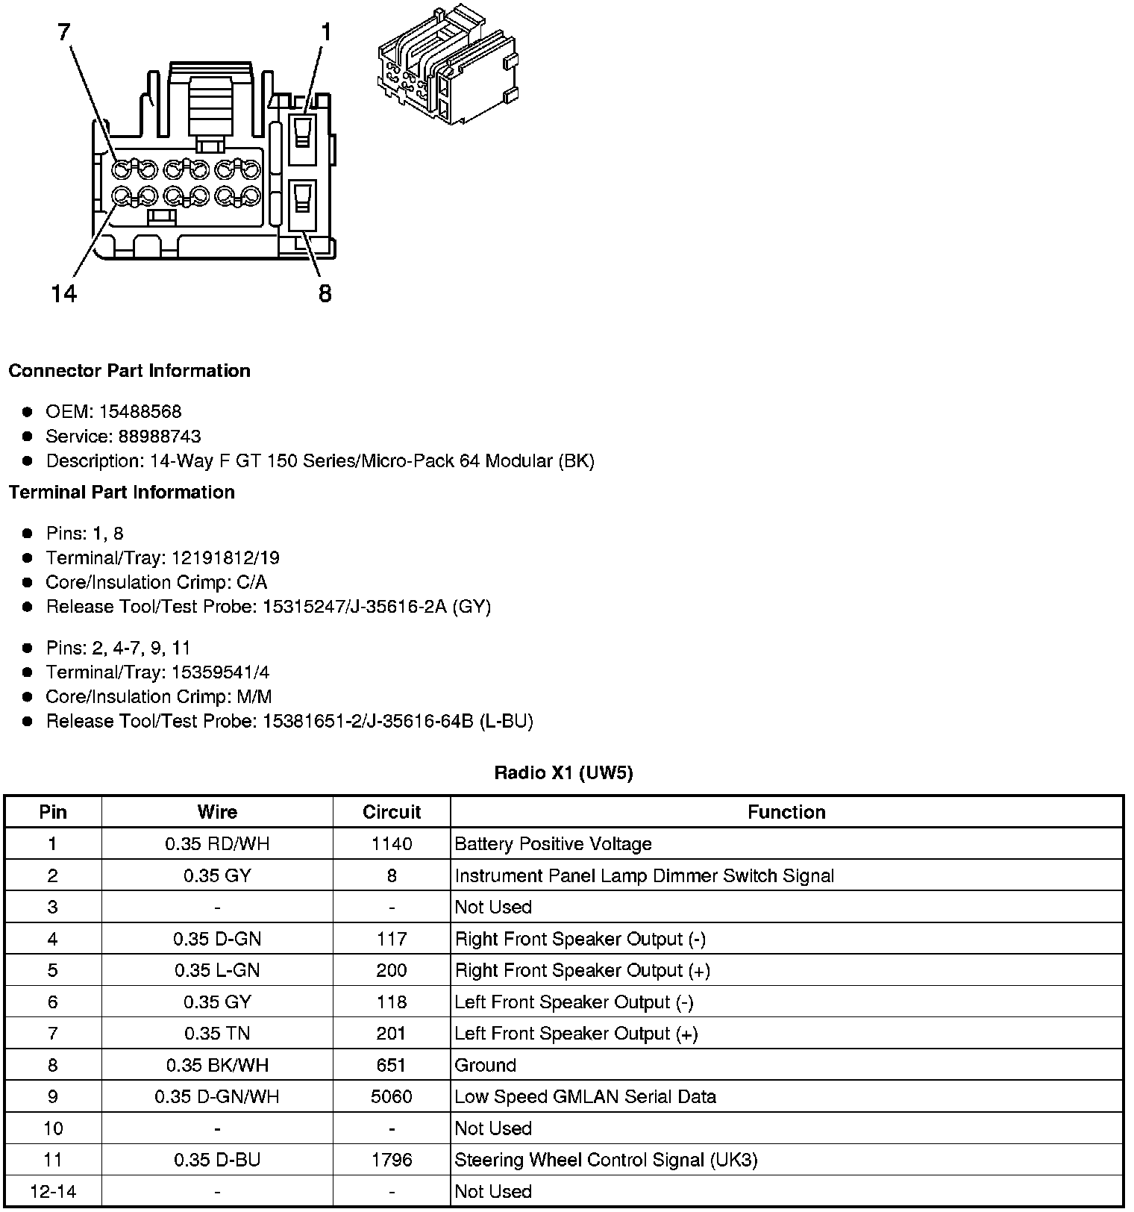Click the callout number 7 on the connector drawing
pyautogui.click(x=63, y=31)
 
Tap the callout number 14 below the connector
pyautogui.click(x=64, y=294)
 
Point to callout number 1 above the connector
pyautogui.click(x=325, y=31)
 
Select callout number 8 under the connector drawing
pyautogui.click(x=325, y=294)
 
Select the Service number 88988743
pyautogui.click(x=160, y=437)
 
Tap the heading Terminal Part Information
pyautogui.click(x=122, y=493)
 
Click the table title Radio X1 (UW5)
pyautogui.click(x=563, y=772)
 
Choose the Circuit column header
pyautogui.click(x=392, y=812)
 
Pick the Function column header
pyautogui.click(x=786, y=812)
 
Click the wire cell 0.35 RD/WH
pyautogui.click(x=217, y=844)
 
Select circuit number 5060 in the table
pyautogui.click(x=392, y=1096)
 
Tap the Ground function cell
pyautogui.click(x=486, y=1065)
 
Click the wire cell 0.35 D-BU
pyautogui.click(x=217, y=1160)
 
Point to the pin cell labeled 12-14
pyautogui.click(x=52, y=1191)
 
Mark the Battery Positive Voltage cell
pyautogui.click(x=553, y=844)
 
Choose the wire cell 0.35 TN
pyautogui.click(x=217, y=1034)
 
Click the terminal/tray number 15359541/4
pyautogui.click(x=221, y=672)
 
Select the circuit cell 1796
pyautogui.click(x=392, y=1160)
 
